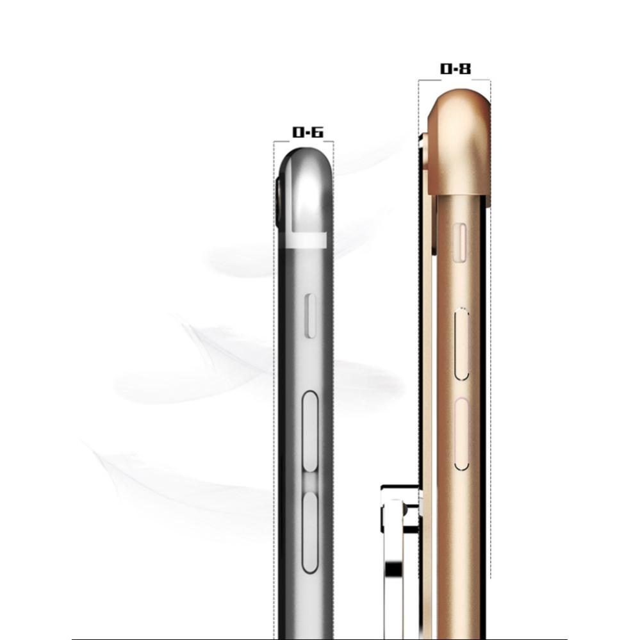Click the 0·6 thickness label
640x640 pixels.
click(308, 132)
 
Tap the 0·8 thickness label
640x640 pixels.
click(455, 69)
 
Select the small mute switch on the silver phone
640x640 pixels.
click(311, 316)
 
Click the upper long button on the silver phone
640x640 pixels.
click(310, 431)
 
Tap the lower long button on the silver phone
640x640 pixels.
click(310, 532)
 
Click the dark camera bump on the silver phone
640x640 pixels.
click(279, 202)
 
